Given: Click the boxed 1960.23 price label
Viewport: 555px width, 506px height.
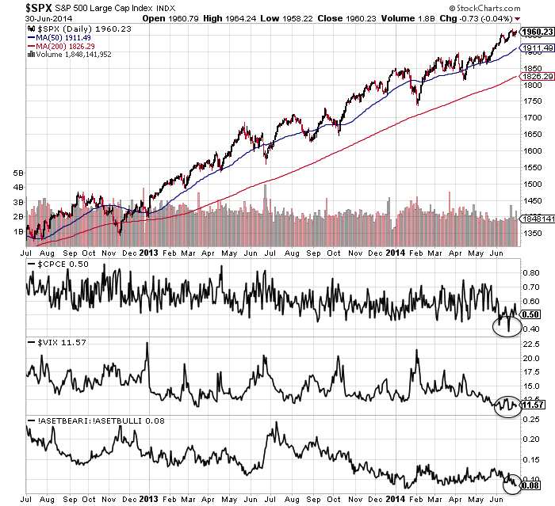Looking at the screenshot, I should [x=535, y=32].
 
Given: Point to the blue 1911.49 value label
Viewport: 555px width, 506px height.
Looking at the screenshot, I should [x=535, y=48].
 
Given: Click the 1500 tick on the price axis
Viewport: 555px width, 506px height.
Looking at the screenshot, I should [x=532, y=184].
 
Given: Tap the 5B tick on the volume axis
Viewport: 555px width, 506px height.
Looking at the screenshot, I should [x=17, y=172].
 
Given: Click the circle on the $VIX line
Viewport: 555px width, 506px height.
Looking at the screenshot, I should [x=505, y=405].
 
